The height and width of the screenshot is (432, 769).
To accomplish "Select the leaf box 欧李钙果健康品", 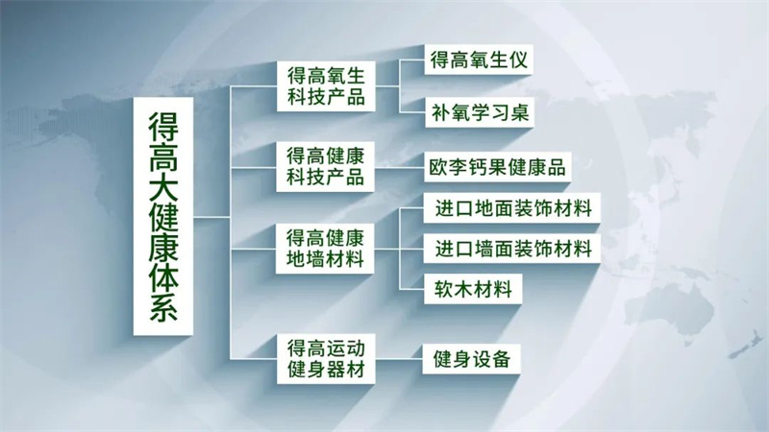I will (497, 165).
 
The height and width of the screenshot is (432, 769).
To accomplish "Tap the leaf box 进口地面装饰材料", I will (512, 207).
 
